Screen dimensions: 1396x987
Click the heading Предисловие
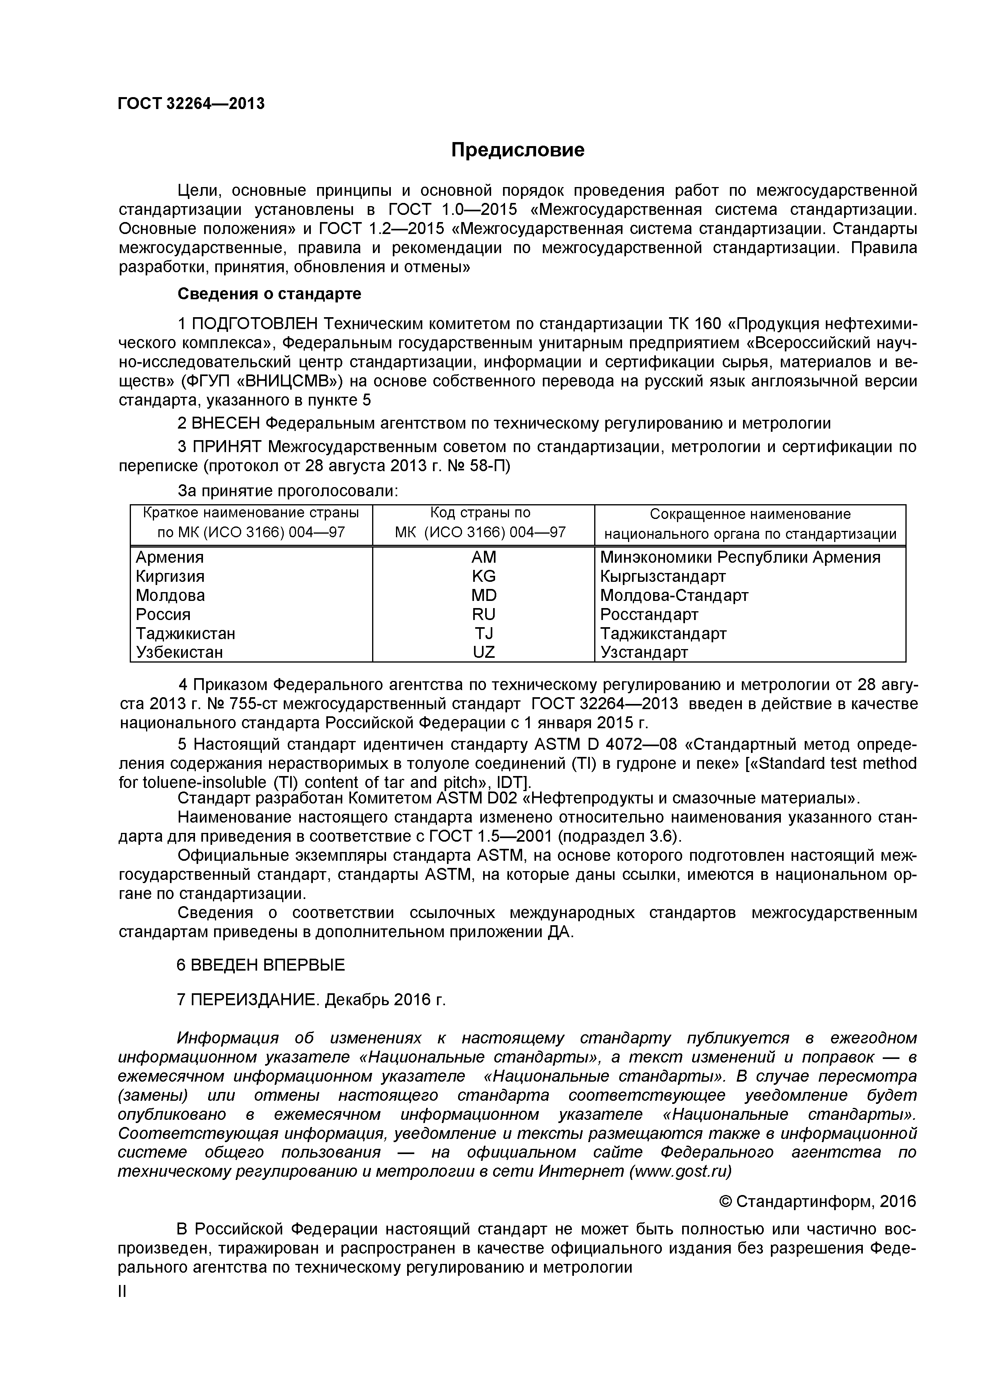pyautogui.click(x=517, y=150)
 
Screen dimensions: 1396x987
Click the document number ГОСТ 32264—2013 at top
pyautogui.click(x=191, y=104)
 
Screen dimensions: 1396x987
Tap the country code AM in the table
pyautogui.click(x=484, y=558)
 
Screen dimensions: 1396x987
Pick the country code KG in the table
pyautogui.click(x=484, y=576)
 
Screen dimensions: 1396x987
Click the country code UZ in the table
pyautogui.click(x=484, y=652)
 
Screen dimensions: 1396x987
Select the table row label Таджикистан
pyautogui.click(x=185, y=634)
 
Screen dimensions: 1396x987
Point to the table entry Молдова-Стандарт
pyautogui.click(x=674, y=595)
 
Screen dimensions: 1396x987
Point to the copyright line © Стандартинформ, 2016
pyautogui.click(x=817, y=1201)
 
